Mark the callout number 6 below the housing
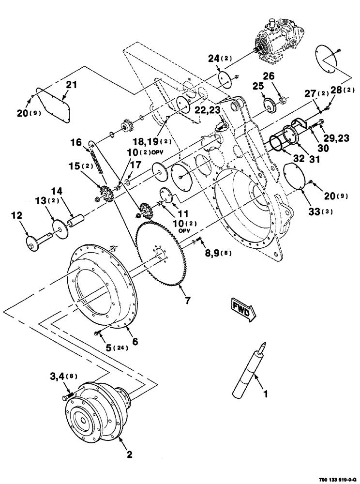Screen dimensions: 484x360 135,341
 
